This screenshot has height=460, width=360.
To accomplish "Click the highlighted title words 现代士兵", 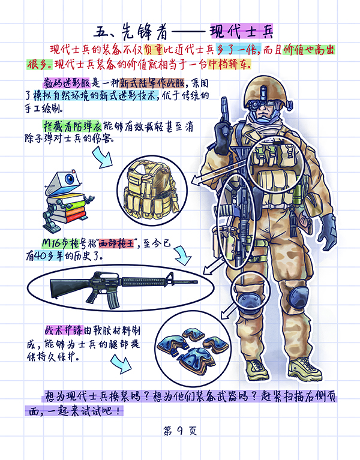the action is click(x=241, y=32).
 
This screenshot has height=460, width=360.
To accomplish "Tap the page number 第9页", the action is click(x=180, y=431).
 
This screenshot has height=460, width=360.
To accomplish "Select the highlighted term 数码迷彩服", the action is click(x=67, y=83).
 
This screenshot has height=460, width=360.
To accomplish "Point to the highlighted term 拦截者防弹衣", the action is click(x=73, y=126).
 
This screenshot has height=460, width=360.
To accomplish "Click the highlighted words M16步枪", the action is click(x=61, y=243).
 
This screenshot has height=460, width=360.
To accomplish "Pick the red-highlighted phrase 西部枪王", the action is click(x=116, y=243).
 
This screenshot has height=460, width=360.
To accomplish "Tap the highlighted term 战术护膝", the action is click(x=64, y=330).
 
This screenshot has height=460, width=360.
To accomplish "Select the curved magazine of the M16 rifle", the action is click(x=112, y=300).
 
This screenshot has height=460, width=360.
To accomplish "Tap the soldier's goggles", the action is click(x=263, y=104).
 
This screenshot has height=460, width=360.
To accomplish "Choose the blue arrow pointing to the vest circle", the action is click(x=103, y=158).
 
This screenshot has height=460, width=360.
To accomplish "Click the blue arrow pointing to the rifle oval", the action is click(x=182, y=256).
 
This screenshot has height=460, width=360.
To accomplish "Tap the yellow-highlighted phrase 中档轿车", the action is click(x=229, y=64).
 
